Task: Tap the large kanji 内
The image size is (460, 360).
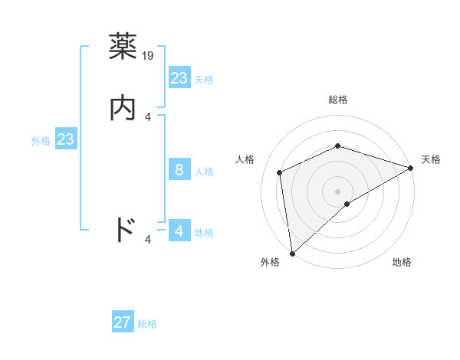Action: [123, 108]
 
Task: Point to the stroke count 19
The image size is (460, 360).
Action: [149, 55]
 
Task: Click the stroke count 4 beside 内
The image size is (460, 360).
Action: [148, 117]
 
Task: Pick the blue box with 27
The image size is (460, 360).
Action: [123, 322]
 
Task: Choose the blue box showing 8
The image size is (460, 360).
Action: [179, 170]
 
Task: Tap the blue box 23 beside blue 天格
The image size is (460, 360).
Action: [179, 78]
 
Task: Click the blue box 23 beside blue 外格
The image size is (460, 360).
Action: [66, 139]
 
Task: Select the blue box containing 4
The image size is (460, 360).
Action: [179, 231]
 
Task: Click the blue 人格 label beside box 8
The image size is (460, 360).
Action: [205, 171]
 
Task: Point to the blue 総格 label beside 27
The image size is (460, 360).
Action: [148, 323]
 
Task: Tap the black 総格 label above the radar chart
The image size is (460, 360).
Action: [337, 100]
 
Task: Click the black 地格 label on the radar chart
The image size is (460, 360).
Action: [402, 263]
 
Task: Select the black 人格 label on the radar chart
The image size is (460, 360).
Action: [245, 159]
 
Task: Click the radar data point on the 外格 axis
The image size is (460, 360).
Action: [292, 253]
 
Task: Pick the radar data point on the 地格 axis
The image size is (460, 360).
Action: [347, 204]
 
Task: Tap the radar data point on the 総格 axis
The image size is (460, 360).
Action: [337, 146]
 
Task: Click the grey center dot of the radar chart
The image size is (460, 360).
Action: [337, 191]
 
